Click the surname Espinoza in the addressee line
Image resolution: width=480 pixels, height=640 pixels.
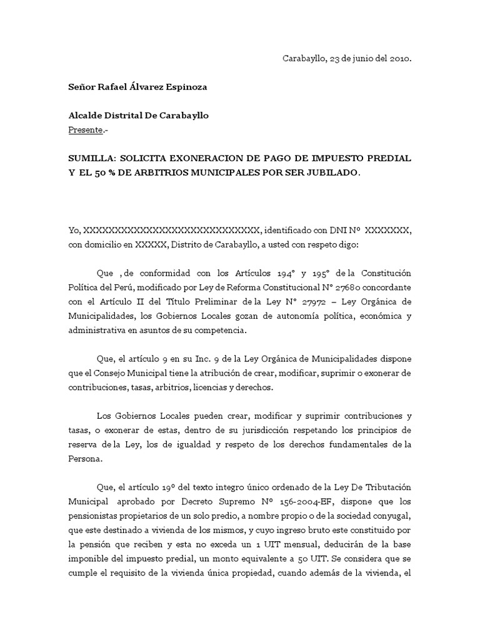pos(184,87)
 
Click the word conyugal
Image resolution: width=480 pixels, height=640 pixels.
pos(392,517)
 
